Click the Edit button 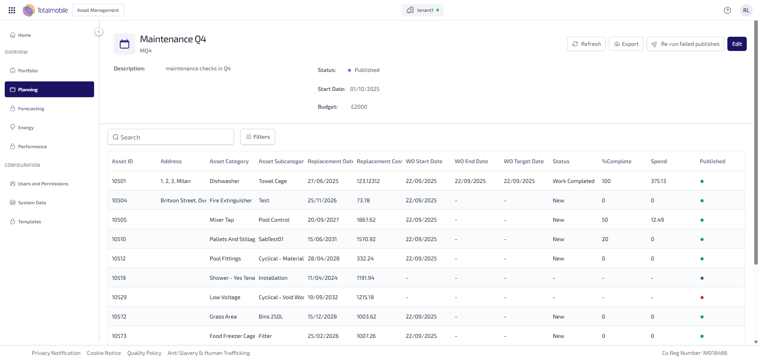[737, 44]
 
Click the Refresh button [586, 44]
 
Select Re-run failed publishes [685, 44]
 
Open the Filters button [258, 137]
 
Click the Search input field [171, 137]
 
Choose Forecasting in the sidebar [31, 109]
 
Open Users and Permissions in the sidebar [43, 184]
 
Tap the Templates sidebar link [29, 222]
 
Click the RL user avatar [746, 10]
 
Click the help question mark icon [727, 10]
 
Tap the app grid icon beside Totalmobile [12, 10]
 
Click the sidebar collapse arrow [99, 32]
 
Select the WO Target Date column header [523, 161]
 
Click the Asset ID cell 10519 [119, 278]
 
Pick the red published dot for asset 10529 [702, 298]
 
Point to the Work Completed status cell [573, 181]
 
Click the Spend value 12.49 [657, 220]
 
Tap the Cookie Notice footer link [104, 353]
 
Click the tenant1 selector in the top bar [422, 10]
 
